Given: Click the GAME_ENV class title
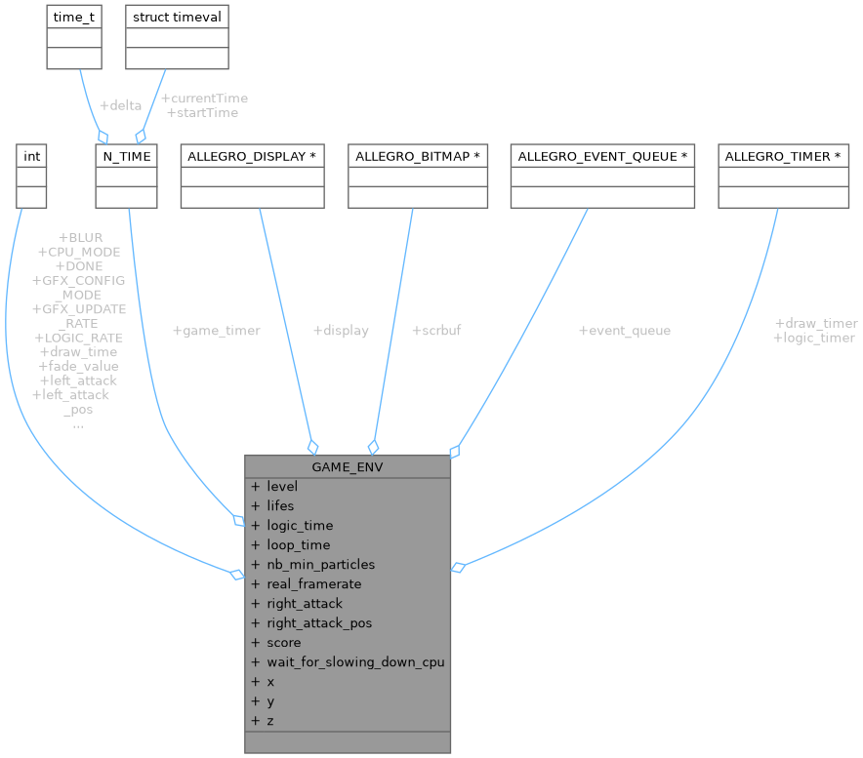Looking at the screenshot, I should [x=348, y=466].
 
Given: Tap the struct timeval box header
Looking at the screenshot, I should [x=177, y=17].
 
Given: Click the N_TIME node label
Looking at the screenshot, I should [x=126, y=156].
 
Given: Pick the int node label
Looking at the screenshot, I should [x=31, y=156].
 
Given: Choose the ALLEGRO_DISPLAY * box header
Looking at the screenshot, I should [x=252, y=156].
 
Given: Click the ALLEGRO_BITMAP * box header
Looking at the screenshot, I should [x=418, y=156].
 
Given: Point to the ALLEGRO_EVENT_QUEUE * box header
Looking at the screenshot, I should [x=602, y=156].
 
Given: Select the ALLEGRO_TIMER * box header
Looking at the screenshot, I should [x=783, y=156].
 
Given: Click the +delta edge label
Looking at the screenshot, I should [x=120, y=104].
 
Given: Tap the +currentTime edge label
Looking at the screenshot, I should [x=204, y=98].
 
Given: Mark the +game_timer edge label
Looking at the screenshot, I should [x=216, y=331].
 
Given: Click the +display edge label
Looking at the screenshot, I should [x=341, y=331].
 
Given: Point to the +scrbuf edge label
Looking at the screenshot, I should [x=436, y=331].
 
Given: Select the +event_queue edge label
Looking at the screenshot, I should [x=625, y=331].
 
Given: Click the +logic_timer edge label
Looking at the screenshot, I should [x=813, y=338].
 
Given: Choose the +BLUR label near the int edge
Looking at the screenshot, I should [x=81, y=237].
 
